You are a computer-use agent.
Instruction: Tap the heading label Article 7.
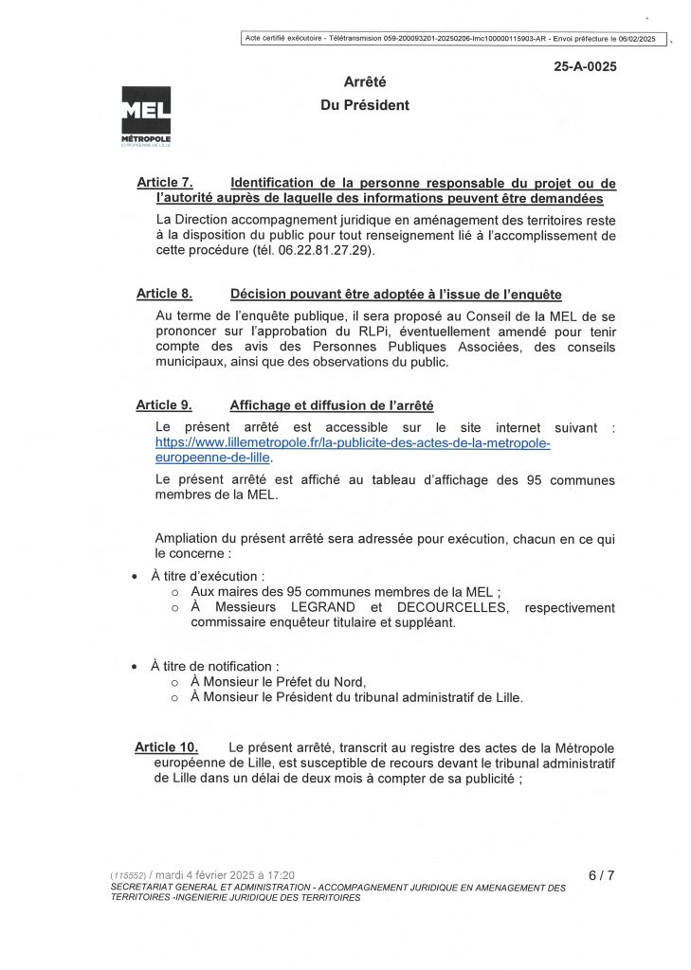pos(165,183)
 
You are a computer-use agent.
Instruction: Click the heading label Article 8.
pos(165,295)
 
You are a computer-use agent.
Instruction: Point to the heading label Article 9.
pos(165,405)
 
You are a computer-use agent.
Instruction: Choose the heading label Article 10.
pos(167,747)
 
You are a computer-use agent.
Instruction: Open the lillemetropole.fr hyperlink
pos(352,450)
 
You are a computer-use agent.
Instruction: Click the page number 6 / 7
pos(601,875)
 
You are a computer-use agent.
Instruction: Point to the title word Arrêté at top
pos(365,83)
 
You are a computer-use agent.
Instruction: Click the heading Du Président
pos(365,105)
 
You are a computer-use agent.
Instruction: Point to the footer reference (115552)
pos(127,875)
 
